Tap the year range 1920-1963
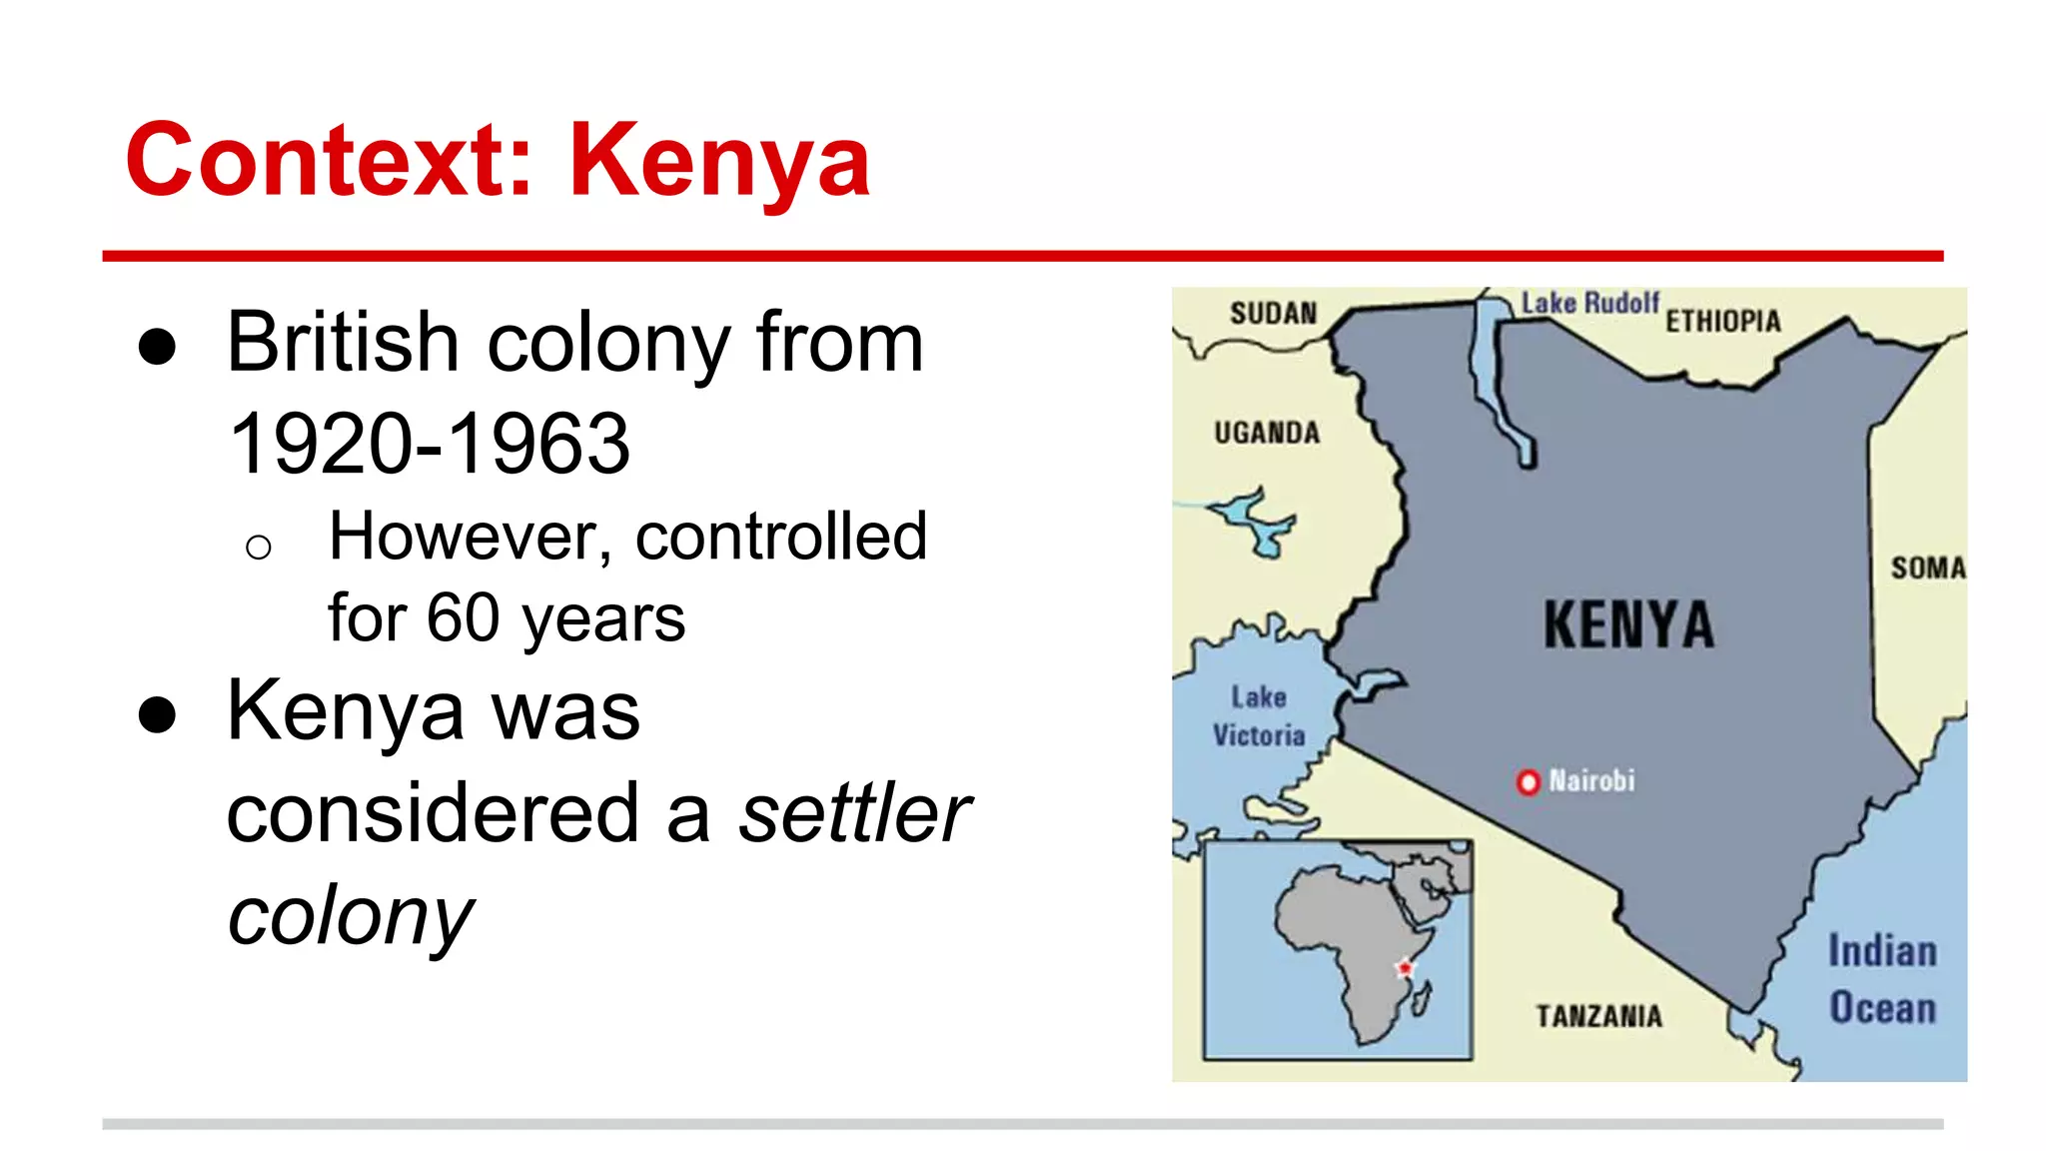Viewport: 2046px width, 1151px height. (430, 444)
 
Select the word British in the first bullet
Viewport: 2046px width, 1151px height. (343, 343)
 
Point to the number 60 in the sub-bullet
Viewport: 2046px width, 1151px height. (463, 617)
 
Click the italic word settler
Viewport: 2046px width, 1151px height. (854, 813)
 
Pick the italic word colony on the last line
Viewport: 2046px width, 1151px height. (350, 915)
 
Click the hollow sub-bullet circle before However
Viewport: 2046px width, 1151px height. (258, 547)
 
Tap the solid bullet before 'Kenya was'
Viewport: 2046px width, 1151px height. (158, 715)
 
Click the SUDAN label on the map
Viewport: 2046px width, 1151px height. (1274, 314)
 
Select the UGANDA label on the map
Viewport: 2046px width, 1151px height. (1267, 433)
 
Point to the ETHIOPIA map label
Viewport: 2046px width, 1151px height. (1723, 321)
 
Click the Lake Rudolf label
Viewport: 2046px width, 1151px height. (1589, 302)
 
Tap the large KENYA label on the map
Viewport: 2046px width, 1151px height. (1628, 625)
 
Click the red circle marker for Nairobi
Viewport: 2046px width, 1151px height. (1528, 781)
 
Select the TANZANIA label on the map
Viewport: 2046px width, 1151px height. (1599, 1016)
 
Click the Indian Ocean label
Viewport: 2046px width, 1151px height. (1882, 979)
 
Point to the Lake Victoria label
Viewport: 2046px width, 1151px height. (1259, 715)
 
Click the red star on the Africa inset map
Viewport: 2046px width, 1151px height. (1405, 967)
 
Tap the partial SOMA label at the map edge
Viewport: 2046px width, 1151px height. (1927, 568)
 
